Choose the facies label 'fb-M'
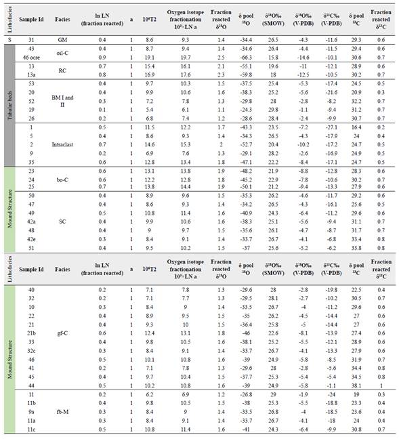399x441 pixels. (x=62, y=413)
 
